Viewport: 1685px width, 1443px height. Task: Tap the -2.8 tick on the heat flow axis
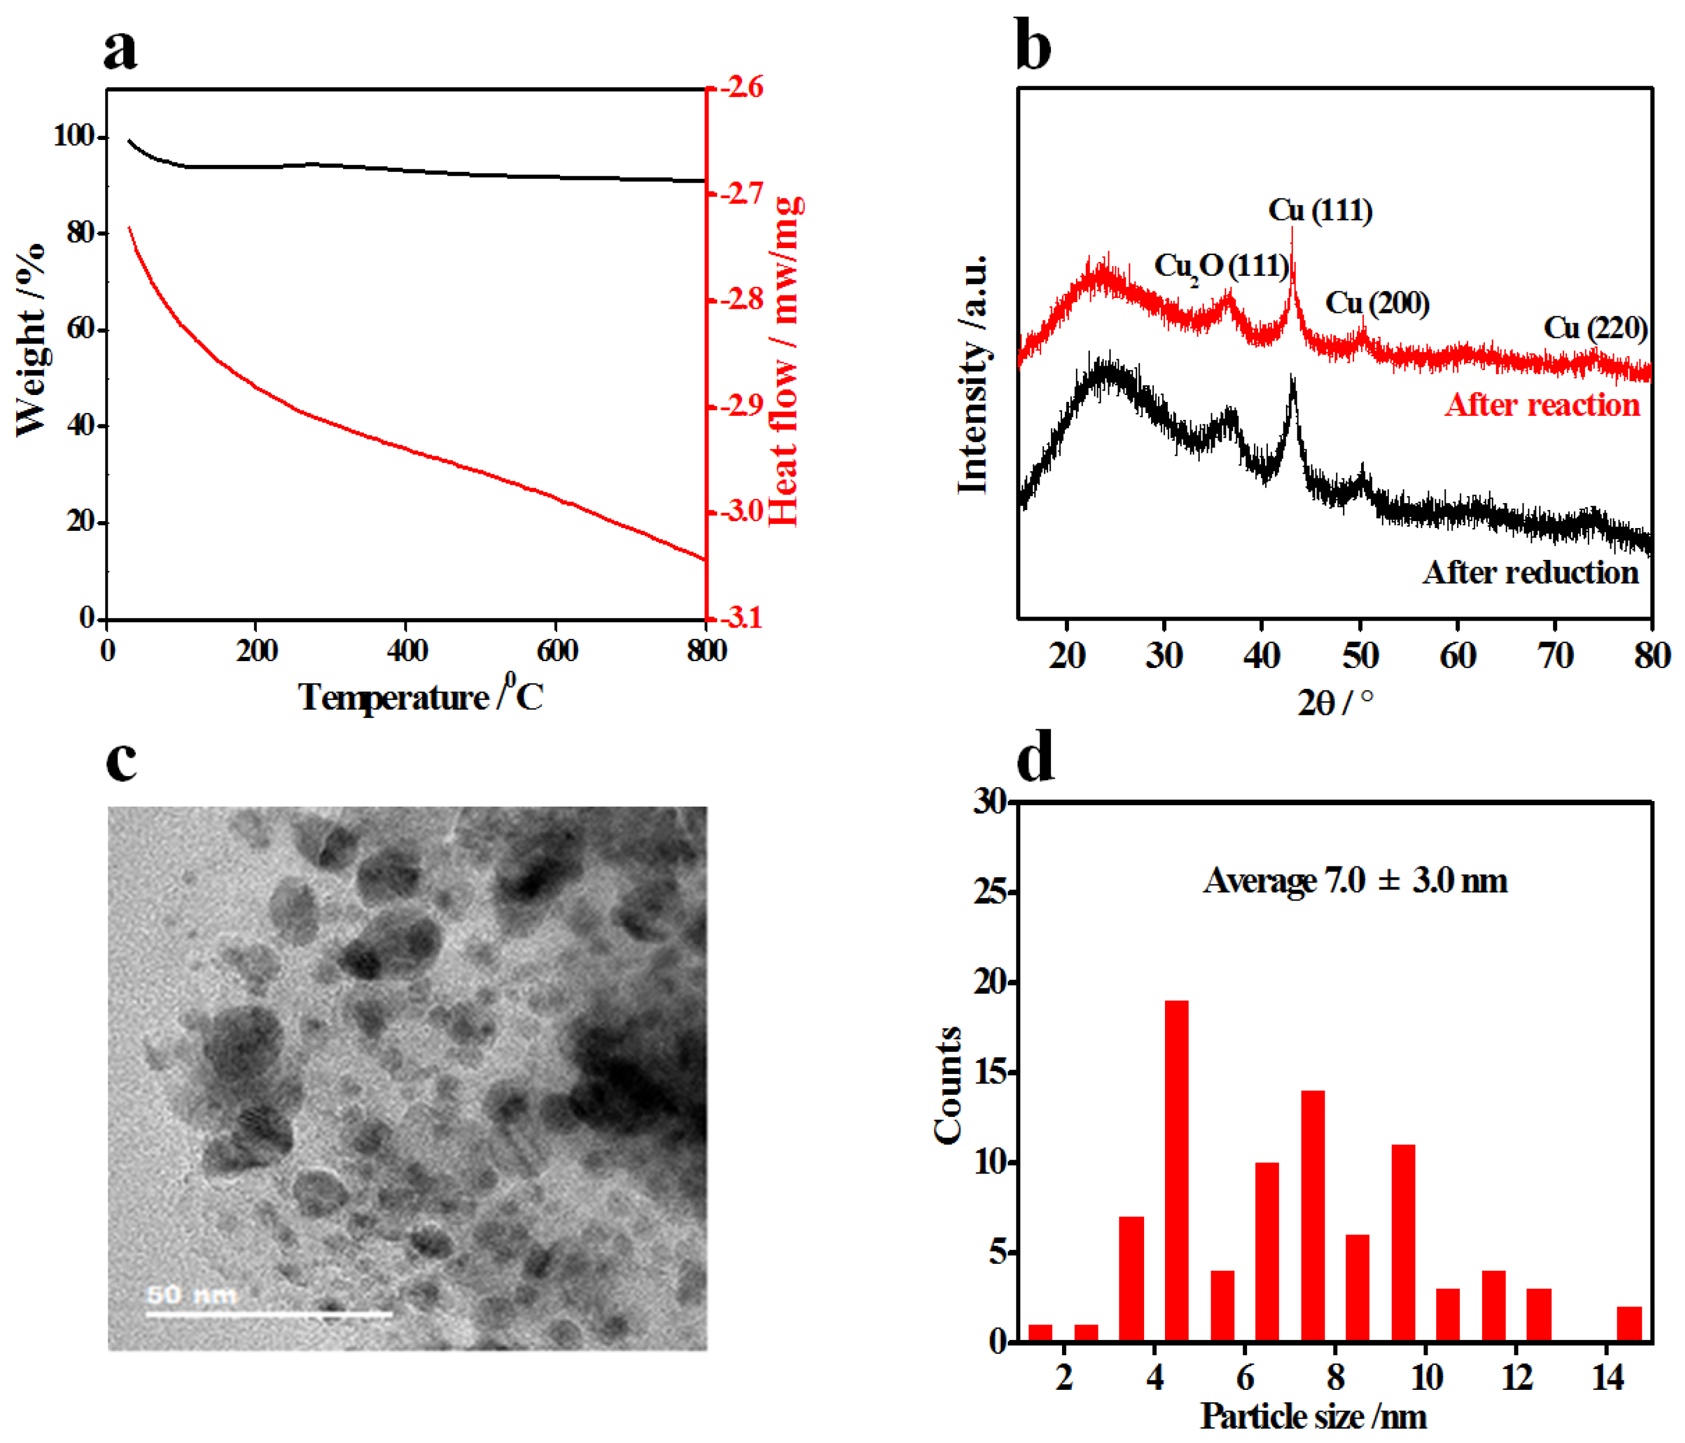pyautogui.click(x=736, y=299)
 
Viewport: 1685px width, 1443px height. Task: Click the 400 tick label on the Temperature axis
pyautogui.click(x=406, y=651)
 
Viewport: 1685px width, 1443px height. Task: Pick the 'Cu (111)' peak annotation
pyautogui.click(x=1320, y=211)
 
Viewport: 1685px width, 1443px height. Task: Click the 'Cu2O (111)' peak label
pyautogui.click(x=1221, y=267)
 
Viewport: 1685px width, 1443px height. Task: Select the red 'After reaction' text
pyautogui.click(x=1542, y=405)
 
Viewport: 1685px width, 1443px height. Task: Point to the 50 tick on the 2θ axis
pyautogui.click(x=1360, y=655)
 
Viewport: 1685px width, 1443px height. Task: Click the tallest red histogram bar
pyautogui.click(x=1176, y=1171)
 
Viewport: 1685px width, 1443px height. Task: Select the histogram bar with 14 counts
pyautogui.click(x=1312, y=1215)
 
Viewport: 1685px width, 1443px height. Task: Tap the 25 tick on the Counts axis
pyautogui.click(x=990, y=892)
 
